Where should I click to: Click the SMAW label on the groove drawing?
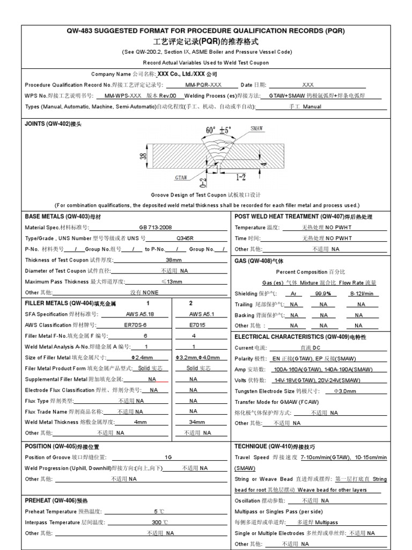point(257,128)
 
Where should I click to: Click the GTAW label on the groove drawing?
point(181,176)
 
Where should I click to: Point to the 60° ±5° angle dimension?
point(218,130)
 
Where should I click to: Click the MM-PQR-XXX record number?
point(203,85)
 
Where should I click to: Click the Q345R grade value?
point(186,238)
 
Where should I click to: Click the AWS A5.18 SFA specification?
point(139,314)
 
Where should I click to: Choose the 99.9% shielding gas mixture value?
point(323,294)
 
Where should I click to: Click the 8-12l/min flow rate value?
point(361,294)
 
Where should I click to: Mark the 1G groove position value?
point(168,457)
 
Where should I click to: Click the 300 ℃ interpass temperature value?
point(160,522)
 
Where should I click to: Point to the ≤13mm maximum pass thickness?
point(172,281)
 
